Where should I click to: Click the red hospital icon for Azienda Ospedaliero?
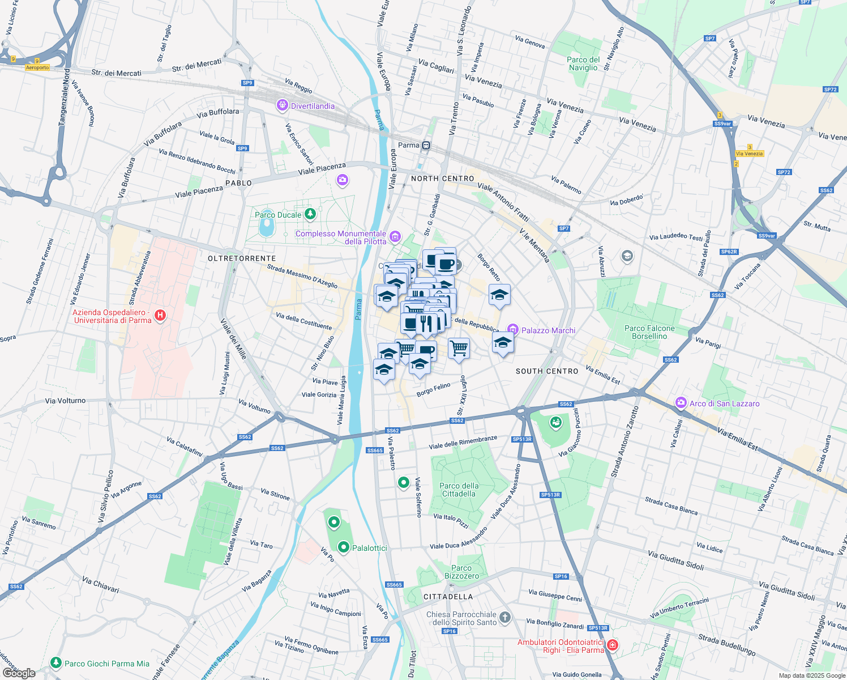point(160,315)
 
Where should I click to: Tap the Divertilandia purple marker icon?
point(282,105)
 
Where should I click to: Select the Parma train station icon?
point(426,146)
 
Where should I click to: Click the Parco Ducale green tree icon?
point(310,214)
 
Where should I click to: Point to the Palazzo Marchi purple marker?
point(513,329)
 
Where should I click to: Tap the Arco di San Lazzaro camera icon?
point(681,403)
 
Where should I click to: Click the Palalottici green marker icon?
point(344,547)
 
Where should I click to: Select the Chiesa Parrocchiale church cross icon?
point(505,618)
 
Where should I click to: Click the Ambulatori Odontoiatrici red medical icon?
point(613,645)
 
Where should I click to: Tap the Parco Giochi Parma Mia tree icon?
point(55,662)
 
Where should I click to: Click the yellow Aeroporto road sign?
point(37,67)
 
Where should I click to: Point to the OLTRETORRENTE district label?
point(242,258)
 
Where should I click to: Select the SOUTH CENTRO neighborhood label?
point(547,371)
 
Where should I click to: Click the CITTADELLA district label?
point(448,597)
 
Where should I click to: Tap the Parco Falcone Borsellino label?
point(649,332)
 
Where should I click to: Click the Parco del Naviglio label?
point(583,63)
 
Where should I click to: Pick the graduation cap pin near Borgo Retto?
point(499,295)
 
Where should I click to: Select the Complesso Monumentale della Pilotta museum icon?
point(395,237)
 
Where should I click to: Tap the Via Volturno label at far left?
point(65,401)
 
